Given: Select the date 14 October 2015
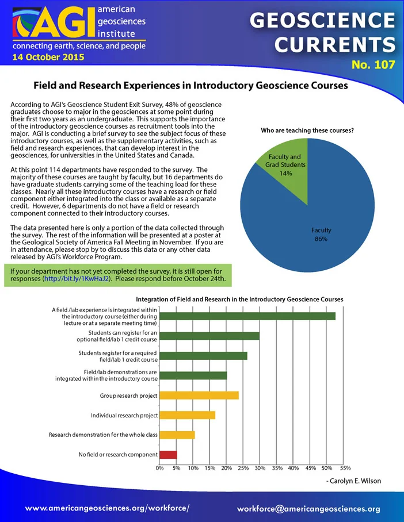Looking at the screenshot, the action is [x=48, y=57].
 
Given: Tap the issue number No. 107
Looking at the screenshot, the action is [x=373, y=64].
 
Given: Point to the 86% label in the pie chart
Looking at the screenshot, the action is [x=321, y=239].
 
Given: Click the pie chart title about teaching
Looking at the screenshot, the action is [x=307, y=130].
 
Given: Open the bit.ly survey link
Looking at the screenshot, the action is [x=77, y=279].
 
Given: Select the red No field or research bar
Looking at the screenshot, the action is [x=168, y=455].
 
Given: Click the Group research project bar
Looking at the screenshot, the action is [x=199, y=396].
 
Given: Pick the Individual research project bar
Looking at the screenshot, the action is [x=188, y=415].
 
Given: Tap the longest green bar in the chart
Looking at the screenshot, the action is [x=247, y=316].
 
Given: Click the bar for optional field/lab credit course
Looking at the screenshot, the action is [x=209, y=336].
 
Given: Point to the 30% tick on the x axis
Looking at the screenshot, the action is [x=260, y=468].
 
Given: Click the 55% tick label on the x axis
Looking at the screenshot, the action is [x=345, y=468].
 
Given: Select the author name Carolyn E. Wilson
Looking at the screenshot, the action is [x=355, y=481].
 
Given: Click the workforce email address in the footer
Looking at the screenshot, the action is [x=308, y=509].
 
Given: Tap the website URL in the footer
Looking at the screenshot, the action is [x=108, y=508].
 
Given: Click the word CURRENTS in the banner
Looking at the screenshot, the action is [x=335, y=45].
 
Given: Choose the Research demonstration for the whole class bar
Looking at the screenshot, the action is [x=177, y=435].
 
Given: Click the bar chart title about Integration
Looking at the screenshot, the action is [x=239, y=300].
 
